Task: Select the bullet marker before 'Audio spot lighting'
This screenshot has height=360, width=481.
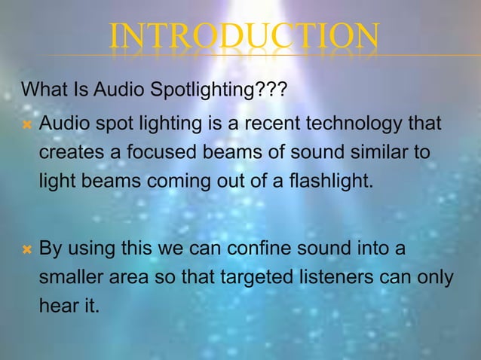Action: (26, 123)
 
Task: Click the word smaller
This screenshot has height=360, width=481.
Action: (72, 277)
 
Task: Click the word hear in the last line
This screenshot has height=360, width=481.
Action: (57, 307)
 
